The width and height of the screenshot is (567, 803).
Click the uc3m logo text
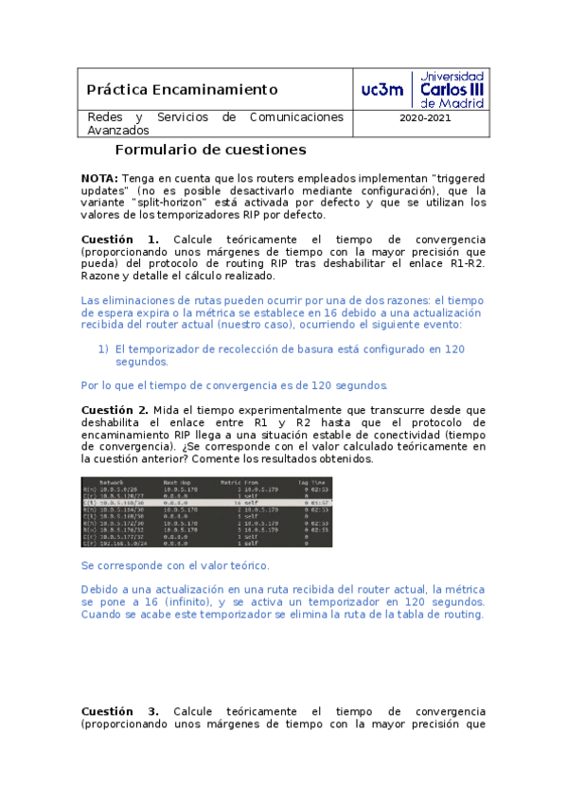coord(382,89)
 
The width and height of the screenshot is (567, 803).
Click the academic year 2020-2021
coord(425,118)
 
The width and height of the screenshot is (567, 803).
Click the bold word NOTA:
coord(99,177)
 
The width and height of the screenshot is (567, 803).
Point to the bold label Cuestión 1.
coord(120,239)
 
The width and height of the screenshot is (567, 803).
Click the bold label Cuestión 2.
coord(120,409)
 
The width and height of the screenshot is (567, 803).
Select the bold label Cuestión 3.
coord(120,711)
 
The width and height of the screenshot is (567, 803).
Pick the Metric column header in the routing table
coord(233,481)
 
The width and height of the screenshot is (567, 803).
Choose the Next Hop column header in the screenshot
coord(179,481)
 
